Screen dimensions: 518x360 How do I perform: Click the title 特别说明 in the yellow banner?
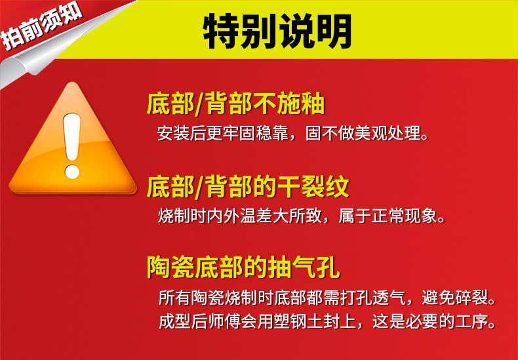[x=277, y=31]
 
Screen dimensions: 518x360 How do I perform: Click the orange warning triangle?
[x=73, y=138]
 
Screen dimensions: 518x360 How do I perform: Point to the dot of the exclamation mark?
[x=72, y=172]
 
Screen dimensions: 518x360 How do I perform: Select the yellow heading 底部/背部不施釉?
[x=236, y=104]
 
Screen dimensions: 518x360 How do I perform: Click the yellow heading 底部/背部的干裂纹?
[x=248, y=188]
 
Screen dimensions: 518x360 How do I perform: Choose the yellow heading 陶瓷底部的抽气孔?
[x=243, y=268]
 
